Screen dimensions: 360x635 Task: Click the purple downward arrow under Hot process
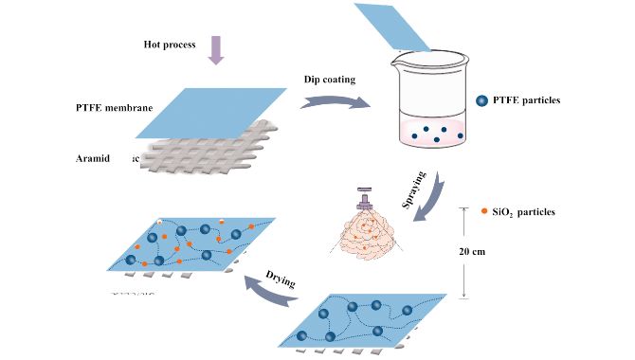pyautogui.click(x=215, y=51)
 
